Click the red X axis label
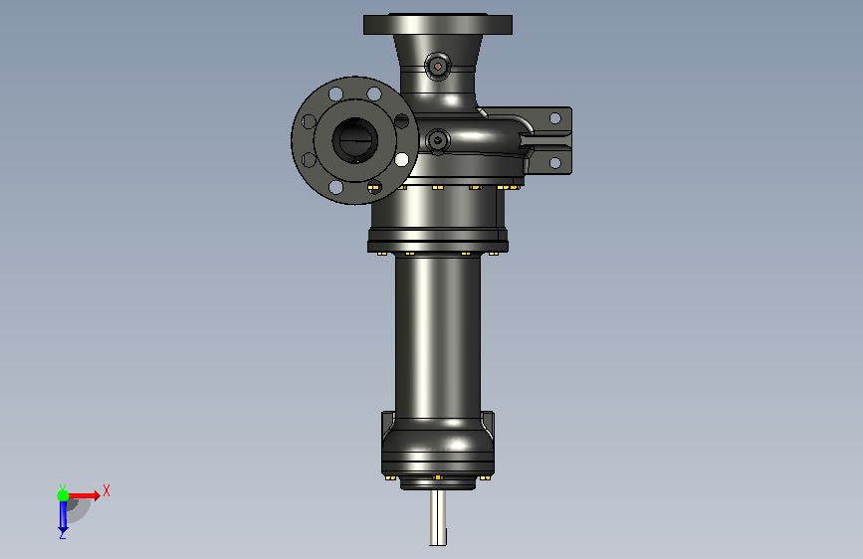point(107,490)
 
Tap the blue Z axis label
point(63,534)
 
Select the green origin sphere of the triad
point(64,495)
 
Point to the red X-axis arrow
point(84,495)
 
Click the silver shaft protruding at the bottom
point(438,517)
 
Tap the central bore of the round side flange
point(354,141)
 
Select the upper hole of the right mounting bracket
point(554,118)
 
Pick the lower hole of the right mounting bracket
point(554,163)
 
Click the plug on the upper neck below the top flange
point(438,67)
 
